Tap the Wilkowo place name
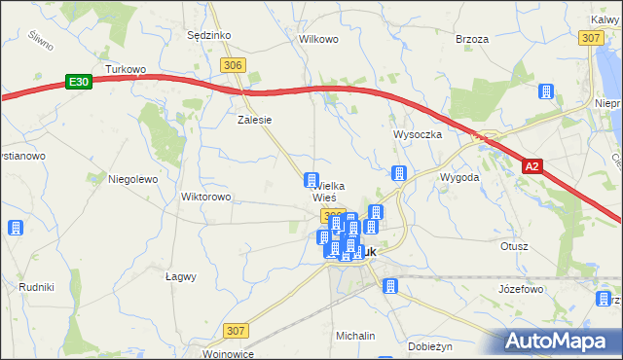(x=318, y=40)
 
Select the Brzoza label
(x=472, y=40)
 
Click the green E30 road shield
(x=80, y=84)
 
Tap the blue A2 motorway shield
(x=531, y=167)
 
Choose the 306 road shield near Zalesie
(x=232, y=65)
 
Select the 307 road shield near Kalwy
(x=590, y=38)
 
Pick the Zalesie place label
(x=254, y=121)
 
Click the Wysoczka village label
(x=418, y=134)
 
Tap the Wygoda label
(x=458, y=178)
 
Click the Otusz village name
(x=514, y=246)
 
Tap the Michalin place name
(x=355, y=335)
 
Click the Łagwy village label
(x=181, y=276)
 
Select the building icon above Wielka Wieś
(x=311, y=180)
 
